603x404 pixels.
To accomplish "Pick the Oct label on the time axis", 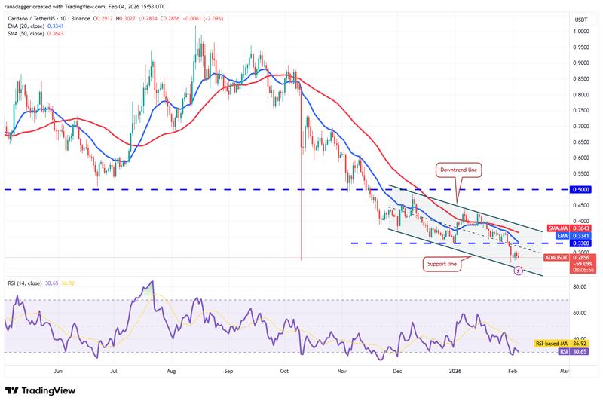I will [x=284, y=372].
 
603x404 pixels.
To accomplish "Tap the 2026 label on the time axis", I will [x=455, y=372].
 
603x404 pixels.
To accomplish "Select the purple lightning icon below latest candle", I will [x=518, y=269].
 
